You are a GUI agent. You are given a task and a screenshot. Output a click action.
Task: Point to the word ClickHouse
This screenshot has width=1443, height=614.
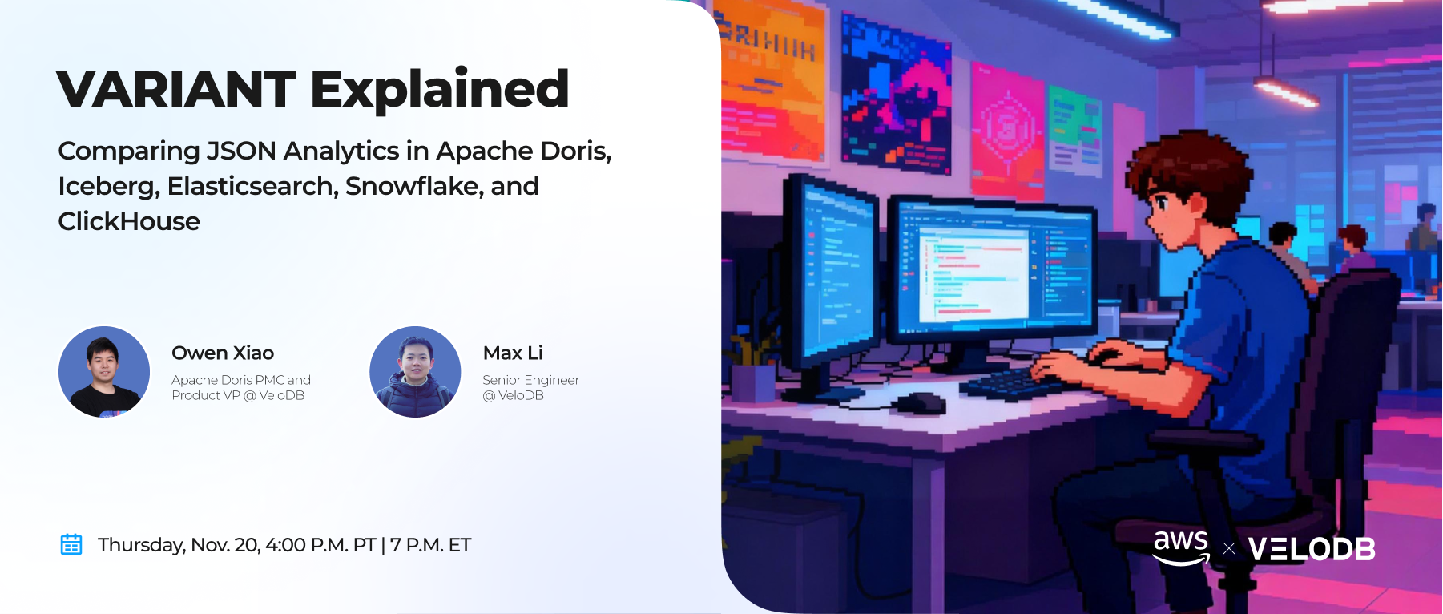click(129, 221)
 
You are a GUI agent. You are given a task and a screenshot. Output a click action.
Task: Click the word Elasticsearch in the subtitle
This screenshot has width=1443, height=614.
click(252, 186)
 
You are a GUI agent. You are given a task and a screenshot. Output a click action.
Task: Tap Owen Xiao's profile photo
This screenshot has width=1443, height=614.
click(104, 372)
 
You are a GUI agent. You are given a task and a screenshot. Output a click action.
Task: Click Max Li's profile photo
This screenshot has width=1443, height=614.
click(415, 372)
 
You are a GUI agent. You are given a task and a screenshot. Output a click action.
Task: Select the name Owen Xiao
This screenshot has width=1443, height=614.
click(223, 353)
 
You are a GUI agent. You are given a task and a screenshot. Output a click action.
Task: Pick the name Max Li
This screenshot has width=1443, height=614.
click(513, 353)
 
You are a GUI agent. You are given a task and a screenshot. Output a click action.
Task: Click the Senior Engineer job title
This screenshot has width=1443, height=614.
click(530, 380)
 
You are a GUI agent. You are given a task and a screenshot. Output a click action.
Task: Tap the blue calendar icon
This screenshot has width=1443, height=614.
click(71, 544)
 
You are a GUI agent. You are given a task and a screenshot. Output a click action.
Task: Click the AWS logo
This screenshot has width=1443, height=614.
click(1181, 547)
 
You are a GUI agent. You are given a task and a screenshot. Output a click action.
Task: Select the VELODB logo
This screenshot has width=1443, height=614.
click(1312, 549)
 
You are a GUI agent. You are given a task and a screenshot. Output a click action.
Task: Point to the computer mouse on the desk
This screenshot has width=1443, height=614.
click(921, 402)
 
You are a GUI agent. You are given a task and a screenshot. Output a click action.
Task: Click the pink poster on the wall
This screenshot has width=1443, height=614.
click(1008, 128)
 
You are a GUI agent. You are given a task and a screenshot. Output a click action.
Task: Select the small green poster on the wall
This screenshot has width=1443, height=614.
click(1076, 133)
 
